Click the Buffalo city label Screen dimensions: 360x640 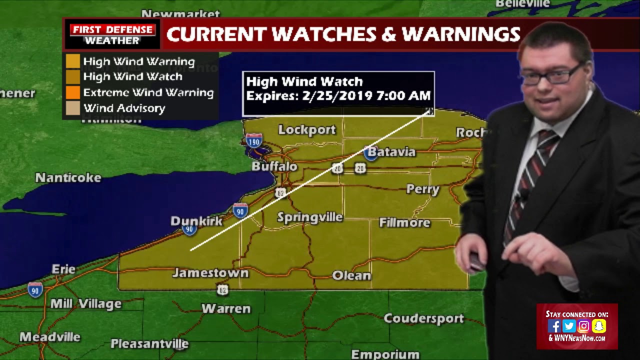[274, 166]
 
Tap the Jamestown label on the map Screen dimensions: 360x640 [210, 273]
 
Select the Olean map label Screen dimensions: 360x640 [352, 275]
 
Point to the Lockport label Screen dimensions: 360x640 [307, 130]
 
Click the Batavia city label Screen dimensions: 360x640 [396, 151]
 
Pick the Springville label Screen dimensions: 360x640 [310, 217]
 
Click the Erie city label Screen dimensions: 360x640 [63, 269]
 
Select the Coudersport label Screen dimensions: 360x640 [424, 318]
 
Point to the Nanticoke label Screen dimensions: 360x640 [68, 177]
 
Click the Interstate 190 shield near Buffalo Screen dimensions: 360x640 [254, 140]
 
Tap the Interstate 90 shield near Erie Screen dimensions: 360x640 [35, 290]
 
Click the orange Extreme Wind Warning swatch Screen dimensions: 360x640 [73, 92]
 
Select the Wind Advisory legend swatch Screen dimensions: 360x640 [73, 108]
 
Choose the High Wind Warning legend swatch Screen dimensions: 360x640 [73, 61]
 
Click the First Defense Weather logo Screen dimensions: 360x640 [112, 34]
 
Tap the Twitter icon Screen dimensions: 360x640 [569, 326]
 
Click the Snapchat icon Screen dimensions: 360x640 [599, 326]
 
